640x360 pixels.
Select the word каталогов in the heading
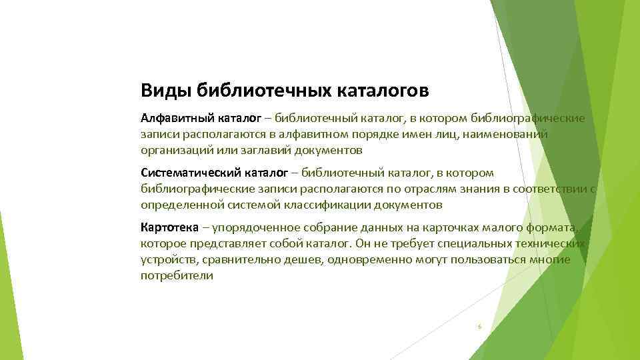click(x=377, y=89)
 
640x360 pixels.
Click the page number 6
click(x=479, y=327)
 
